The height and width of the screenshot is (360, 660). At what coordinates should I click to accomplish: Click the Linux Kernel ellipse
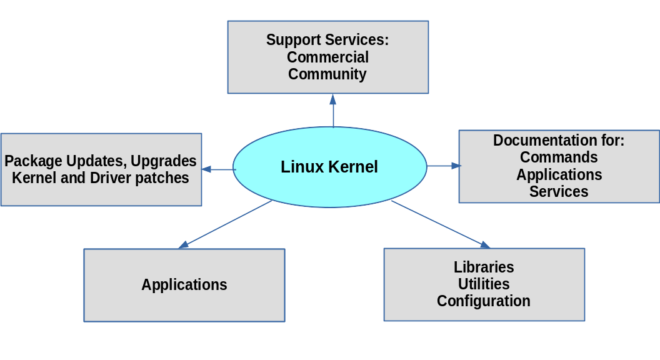pyautogui.click(x=329, y=167)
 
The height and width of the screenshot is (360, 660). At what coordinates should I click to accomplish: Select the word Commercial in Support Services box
pyautogui.click(x=327, y=57)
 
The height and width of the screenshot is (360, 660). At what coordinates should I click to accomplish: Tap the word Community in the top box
pyautogui.click(x=327, y=74)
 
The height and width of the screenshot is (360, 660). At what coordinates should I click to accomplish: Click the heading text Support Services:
pyautogui.click(x=327, y=40)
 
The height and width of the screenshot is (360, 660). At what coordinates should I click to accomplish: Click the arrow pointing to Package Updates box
pyautogui.click(x=217, y=169)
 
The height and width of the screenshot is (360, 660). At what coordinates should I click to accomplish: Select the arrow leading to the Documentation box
pyautogui.click(x=443, y=166)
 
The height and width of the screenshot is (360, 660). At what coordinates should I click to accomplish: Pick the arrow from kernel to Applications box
pyautogui.click(x=226, y=224)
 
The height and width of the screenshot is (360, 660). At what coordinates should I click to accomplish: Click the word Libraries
pyautogui.click(x=484, y=267)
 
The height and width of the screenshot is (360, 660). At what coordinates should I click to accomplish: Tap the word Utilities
pyautogui.click(x=484, y=284)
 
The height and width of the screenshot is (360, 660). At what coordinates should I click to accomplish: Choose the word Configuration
pyautogui.click(x=484, y=301)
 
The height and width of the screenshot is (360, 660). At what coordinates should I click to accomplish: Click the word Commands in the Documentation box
pyautogui.click(x=559, y=157)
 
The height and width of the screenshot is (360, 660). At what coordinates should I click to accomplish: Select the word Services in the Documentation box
pyautogui.click(x=559, y=191)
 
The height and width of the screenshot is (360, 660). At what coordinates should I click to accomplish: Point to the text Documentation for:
pyautogui.click(x=559, y=140)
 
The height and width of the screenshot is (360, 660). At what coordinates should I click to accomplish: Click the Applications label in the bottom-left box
pyautogui.click(x=184, y=285)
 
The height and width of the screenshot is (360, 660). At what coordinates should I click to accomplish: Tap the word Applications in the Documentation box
pyautogui.click(x=559, y=174)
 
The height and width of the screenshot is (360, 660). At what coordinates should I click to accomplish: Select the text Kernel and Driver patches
pyautogui.click(x=101, y=177)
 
